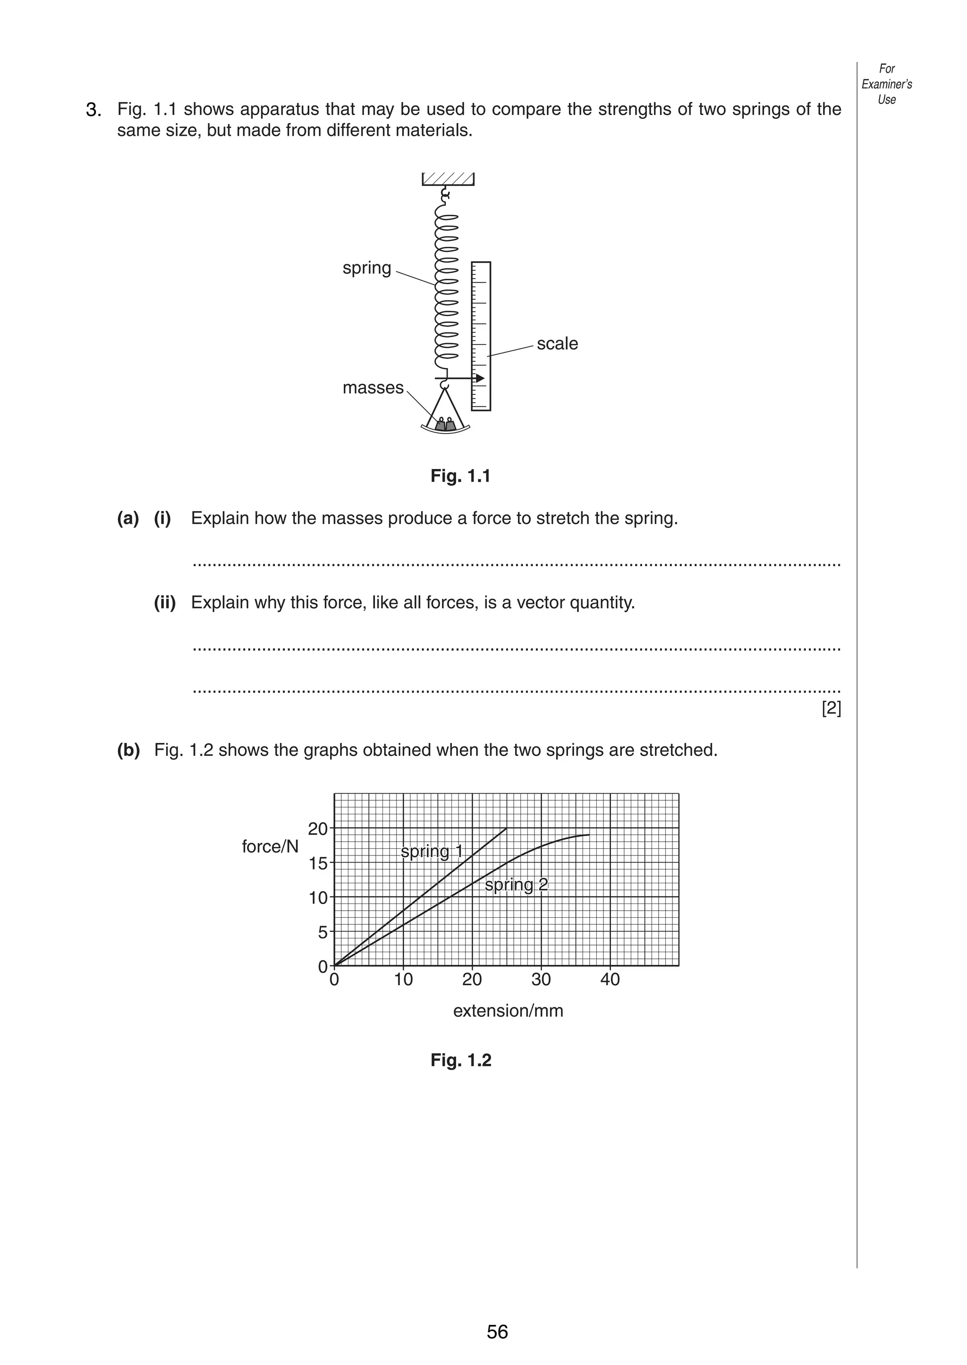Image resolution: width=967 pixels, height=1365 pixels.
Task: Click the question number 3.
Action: click(93, 110)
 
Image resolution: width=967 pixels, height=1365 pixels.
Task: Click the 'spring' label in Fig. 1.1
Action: click(366, 268)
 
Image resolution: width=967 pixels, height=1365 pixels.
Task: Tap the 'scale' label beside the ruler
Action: click(557, 344)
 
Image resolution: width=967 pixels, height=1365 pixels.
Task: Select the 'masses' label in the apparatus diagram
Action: click(373, 388)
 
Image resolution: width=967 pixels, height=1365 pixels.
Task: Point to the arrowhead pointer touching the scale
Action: click(479, 378)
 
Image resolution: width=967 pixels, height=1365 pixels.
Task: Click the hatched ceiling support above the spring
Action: click(448, 178)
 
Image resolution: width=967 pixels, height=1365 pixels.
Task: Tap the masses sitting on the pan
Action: click(445, 424)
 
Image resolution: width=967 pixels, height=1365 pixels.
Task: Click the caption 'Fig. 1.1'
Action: click(460, 476)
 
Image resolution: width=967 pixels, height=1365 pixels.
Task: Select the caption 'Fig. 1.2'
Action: click(460, 1060)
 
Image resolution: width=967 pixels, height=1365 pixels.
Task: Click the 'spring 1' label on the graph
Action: click(431, 852)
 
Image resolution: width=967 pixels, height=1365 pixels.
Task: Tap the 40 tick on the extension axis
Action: click(610, 980)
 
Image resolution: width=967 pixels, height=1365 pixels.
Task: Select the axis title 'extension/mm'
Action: click(508, 1011)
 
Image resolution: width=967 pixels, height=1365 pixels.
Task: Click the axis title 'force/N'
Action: click(270, 847)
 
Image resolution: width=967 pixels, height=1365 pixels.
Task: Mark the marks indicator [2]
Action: click(831, 709)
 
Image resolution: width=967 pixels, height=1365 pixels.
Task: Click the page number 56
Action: click(497, 1331)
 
